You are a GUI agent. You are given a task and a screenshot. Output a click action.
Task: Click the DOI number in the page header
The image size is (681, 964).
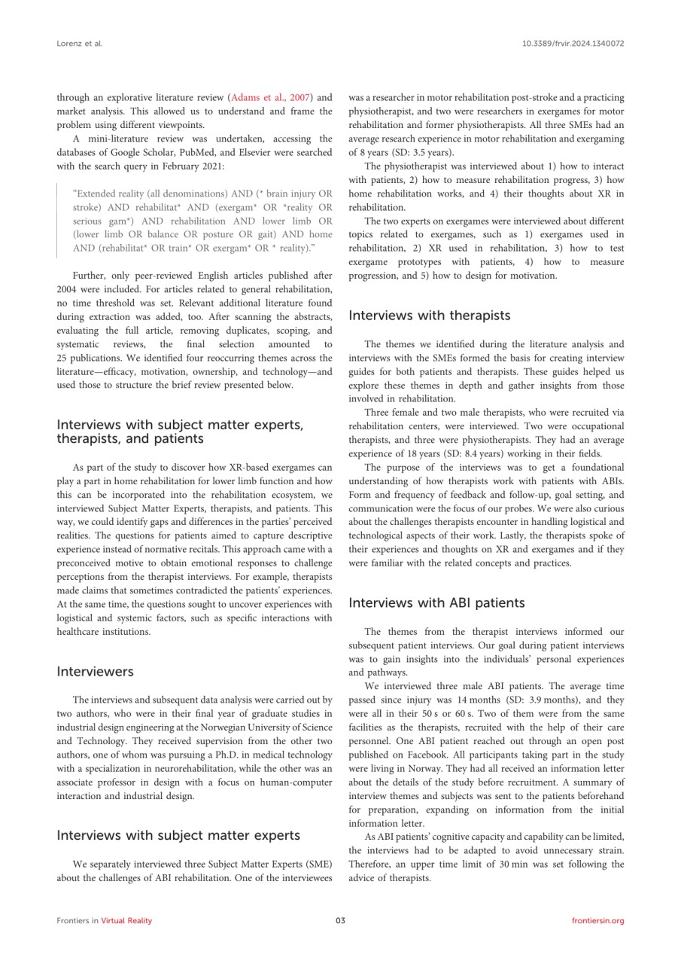(573, 44)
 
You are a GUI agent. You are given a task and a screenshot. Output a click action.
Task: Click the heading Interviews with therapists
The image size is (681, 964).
(430, 316)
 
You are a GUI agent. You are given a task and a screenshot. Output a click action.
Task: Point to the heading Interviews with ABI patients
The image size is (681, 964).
(436, 603)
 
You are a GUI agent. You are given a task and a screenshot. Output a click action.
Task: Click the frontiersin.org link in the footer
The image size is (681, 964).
(597, 921)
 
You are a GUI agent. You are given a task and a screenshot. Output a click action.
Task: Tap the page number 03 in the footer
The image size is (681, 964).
(340, 921)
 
